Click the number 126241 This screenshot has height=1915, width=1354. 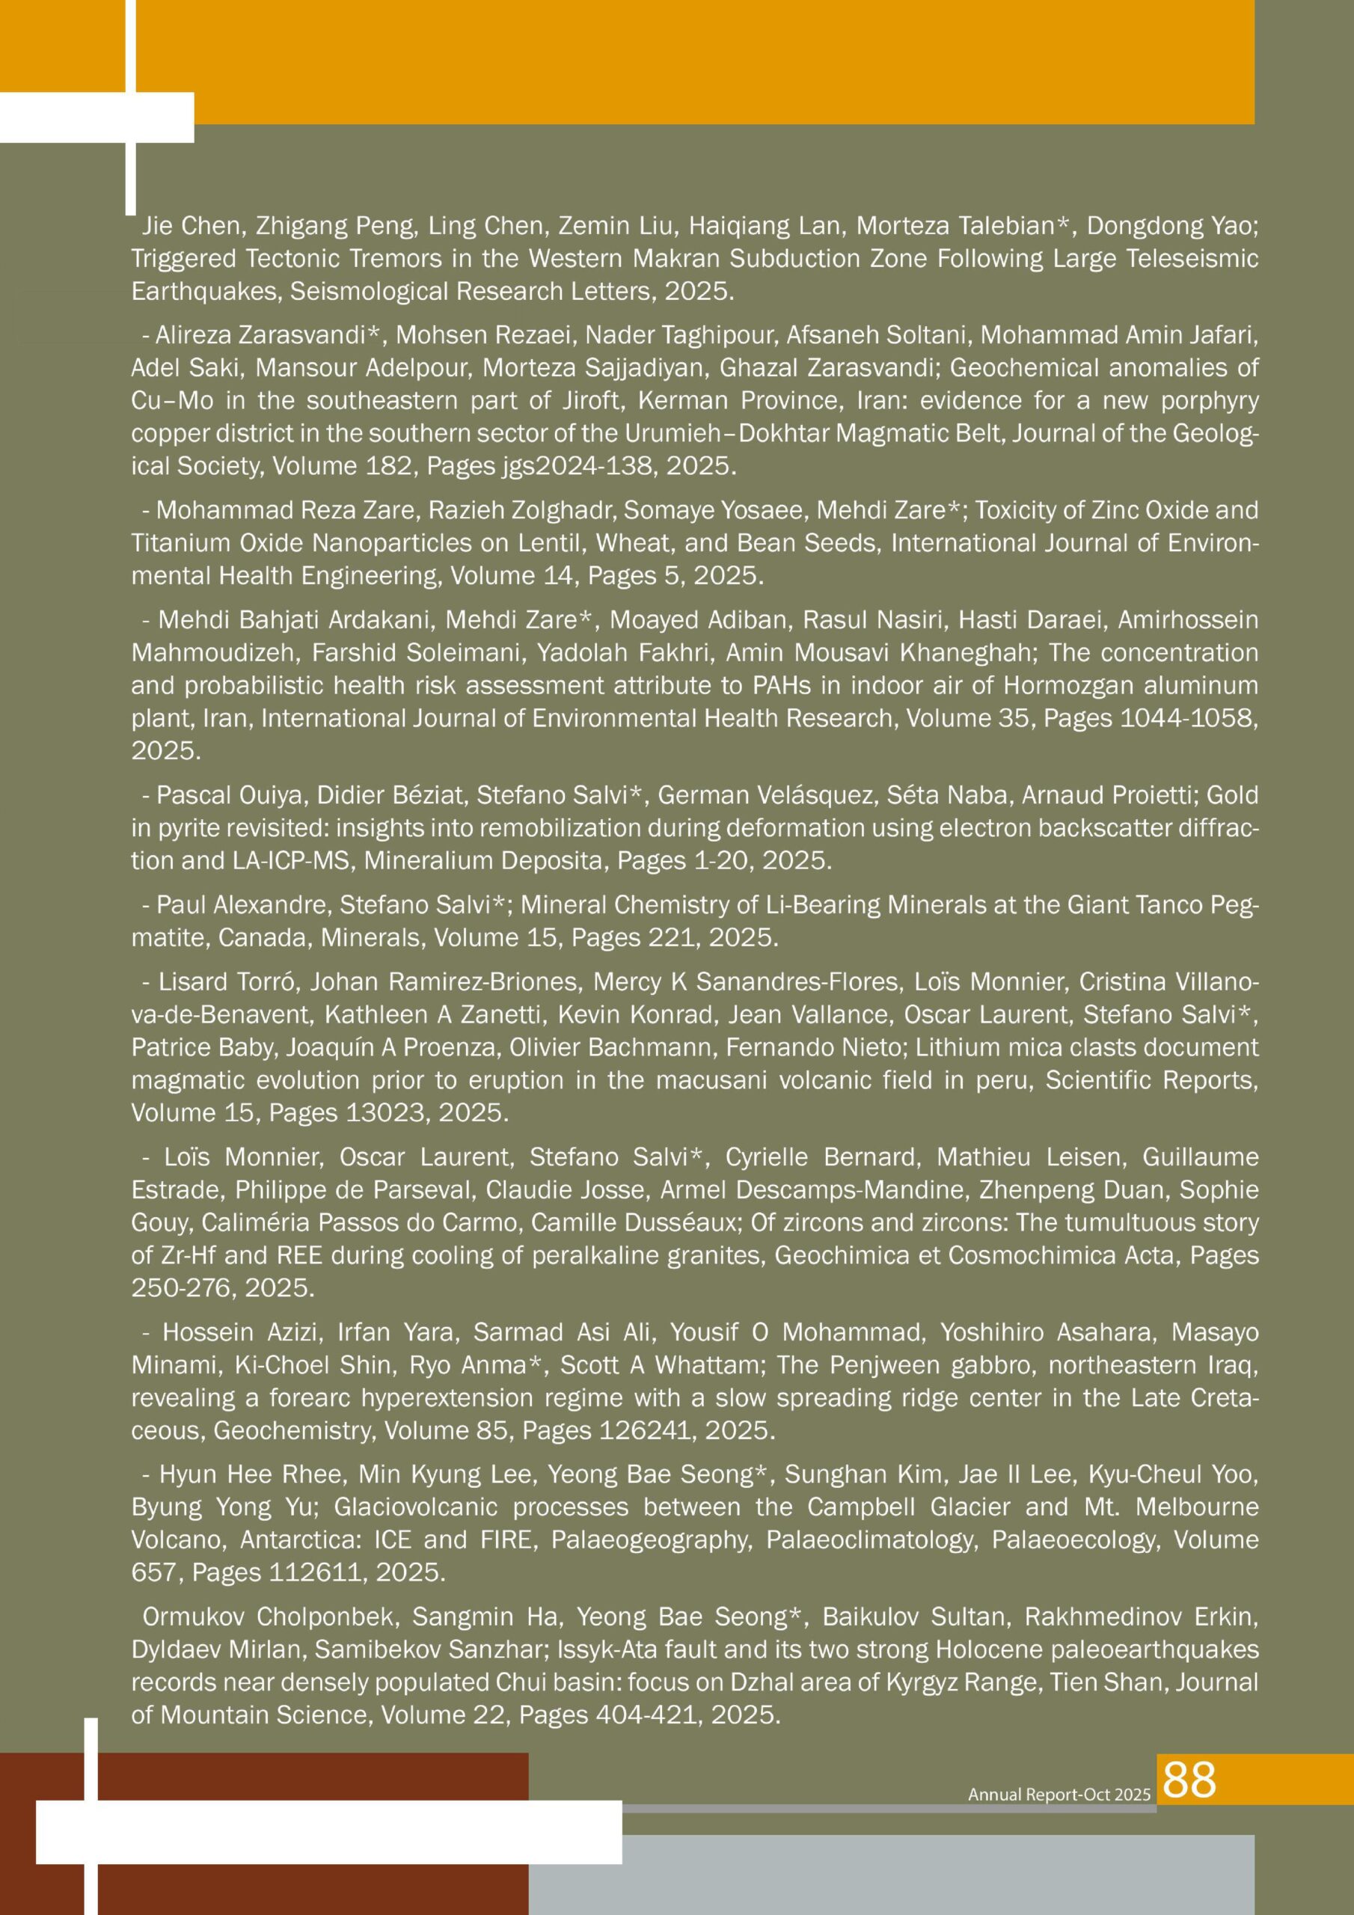(644, 1431)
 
